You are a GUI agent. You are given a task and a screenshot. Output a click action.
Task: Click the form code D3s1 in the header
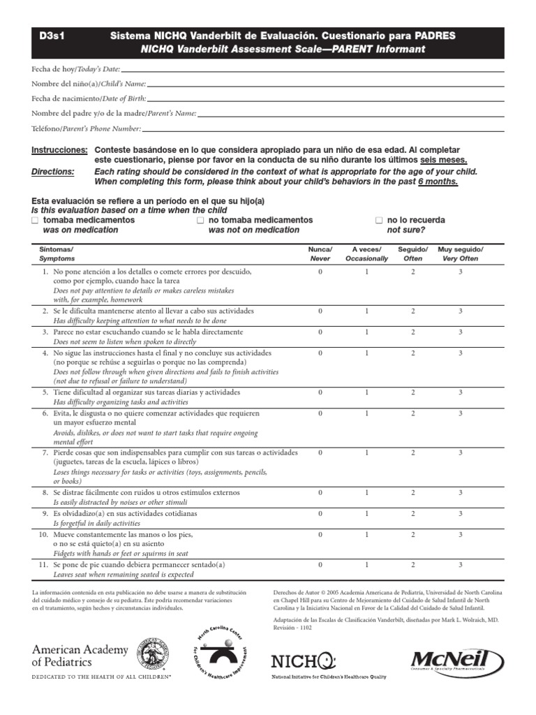click(x=50, y=35)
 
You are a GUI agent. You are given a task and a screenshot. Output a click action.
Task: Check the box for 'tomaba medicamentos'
click(x=36, y=220)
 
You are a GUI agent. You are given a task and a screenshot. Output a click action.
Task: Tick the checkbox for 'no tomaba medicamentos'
click(x=200, y=220)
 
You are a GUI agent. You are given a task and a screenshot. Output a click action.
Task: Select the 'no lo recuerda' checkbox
click(x=379, y=220)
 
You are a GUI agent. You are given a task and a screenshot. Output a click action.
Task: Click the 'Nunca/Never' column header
click(x=320, y=253)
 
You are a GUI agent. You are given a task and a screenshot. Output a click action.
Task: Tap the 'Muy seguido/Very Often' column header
click(x=460, y=253)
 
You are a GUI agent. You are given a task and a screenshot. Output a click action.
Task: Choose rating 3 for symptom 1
click(x=460, y=271)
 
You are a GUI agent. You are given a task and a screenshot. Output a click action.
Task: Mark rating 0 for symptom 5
click(x=320, y=392)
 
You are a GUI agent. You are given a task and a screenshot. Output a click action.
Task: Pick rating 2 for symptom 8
click(x=412, y=492)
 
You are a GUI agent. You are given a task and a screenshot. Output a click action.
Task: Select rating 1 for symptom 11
click(x=366, y=564)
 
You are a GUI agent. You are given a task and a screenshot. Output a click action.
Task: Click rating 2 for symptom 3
click(x=412, y=332)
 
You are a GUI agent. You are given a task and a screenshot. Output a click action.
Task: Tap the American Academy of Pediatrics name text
click(x=80, y=656)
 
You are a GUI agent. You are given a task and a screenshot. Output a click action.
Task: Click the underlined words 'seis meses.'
click(x=444, y=160)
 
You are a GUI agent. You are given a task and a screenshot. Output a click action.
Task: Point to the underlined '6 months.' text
click(x=438, y=182)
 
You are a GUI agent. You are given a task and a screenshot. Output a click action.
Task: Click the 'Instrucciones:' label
click(x=59, y=150)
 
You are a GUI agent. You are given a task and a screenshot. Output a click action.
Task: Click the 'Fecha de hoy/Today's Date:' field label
click(x=76, y=69)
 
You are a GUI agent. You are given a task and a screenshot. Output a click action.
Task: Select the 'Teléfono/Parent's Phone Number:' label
click(x=87, y=128)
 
